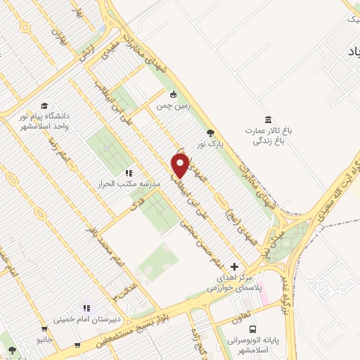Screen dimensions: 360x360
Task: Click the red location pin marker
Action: [181, 166]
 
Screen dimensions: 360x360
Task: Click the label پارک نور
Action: [209, 143]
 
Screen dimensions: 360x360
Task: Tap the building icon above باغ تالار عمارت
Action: [266, 120]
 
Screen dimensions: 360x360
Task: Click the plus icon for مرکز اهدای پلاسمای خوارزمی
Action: [235, 266]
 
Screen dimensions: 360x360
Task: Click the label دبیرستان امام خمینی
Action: [86, 319]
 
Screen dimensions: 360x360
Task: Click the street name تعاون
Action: [242, 317]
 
